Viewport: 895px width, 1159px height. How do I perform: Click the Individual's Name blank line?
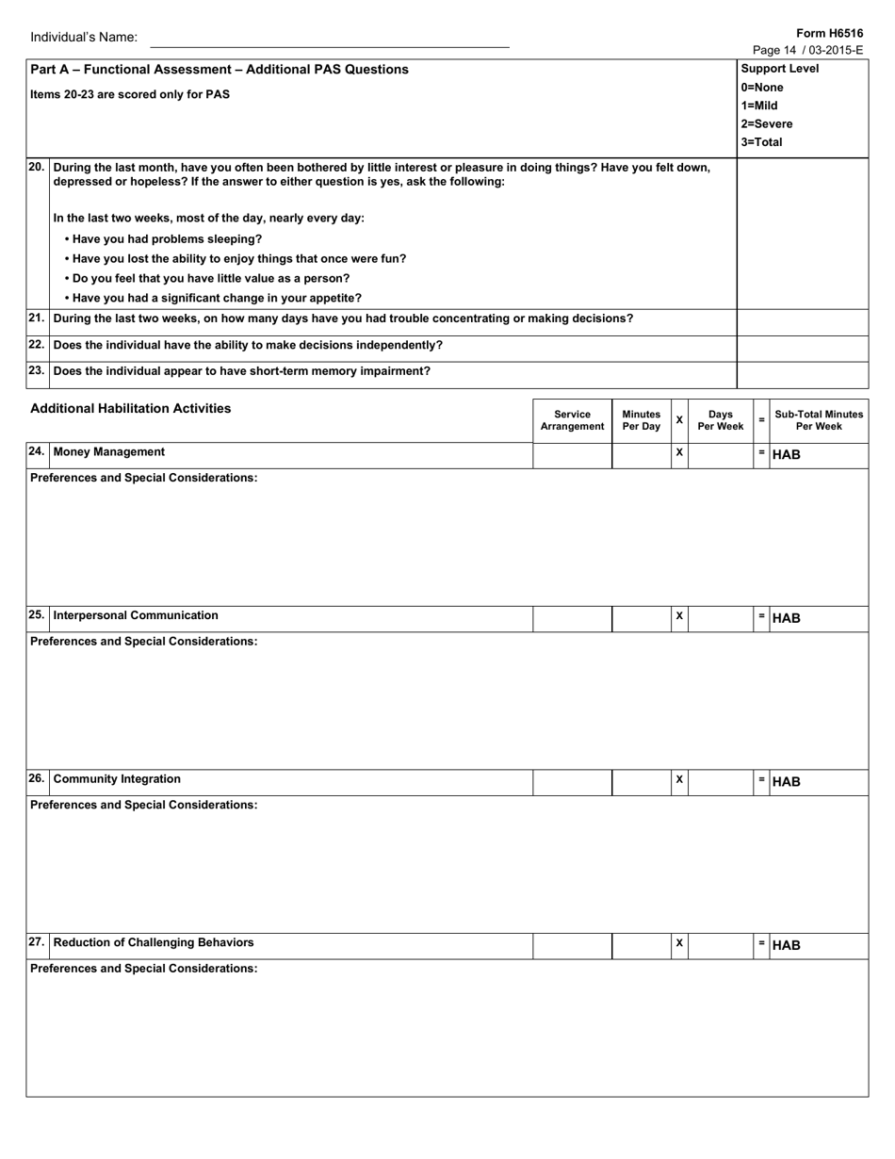[x=329, y=41]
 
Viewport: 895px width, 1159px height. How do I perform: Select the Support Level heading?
[x=779, y=69]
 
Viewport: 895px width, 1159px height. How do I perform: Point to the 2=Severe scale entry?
[x=766, y=123]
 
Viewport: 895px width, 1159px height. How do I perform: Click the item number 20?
[x=36, y=167]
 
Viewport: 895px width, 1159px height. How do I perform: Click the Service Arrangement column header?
[x=572, y=420]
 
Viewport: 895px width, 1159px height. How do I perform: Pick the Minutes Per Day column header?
[x=641, y=420]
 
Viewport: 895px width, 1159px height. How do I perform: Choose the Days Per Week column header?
[x=720, y=420]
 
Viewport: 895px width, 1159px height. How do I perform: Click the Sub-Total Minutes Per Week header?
[x=819, y=420]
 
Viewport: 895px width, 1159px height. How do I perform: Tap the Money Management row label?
[x=108, y=452]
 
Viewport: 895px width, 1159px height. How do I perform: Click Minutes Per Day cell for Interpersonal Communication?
[x=641, y=617]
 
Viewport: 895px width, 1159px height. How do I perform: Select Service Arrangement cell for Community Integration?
[x=572, y=781]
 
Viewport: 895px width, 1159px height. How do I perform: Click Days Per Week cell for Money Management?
[x=721, y=454]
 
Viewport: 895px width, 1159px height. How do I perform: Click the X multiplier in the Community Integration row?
[x=679, y=780]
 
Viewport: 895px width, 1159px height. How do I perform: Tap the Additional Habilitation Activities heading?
[x=130, y=408]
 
